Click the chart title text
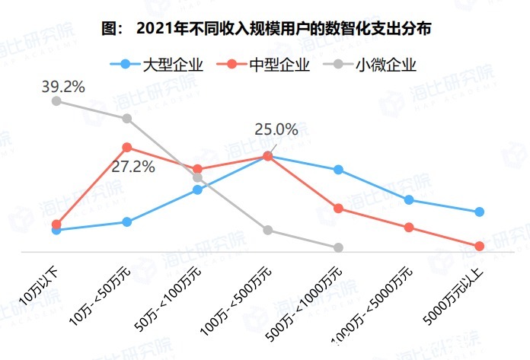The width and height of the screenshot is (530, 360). pyautogui.click(x=266, y=30)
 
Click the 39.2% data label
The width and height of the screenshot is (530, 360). pyautogui.click(x=63, y=86)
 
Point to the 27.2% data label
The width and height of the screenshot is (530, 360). pyautogui.click(x=133, y=166)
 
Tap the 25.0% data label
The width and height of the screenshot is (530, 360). pyautogui.click(x=276, y=129)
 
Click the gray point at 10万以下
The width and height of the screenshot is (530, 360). pyautogui.click(x=56, y=100)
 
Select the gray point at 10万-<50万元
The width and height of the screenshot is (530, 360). pyautogui.click(x=126, y=118)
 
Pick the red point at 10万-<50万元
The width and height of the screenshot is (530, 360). pyautogui.click(x=126, y=147)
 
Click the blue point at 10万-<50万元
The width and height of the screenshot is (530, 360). pyautogui.click(x=126, y=222)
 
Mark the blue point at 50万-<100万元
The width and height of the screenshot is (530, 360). pyautogui.click(x=197, y=190)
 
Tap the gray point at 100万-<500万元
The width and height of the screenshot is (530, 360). pyautogui.click(x=267, y=230)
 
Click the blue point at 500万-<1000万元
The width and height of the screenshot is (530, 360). pyautogui.click(x=338, y=170)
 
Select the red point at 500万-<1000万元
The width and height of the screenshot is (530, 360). pyautogui.click(x=338, y=208)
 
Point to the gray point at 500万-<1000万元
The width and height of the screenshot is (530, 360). pyautogui.click(x=338, y=247)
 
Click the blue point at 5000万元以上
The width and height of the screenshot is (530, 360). pyautogui.click(x=479, y=212)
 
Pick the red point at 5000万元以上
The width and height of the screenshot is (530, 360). pyautogui.click(x=479, y=246)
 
